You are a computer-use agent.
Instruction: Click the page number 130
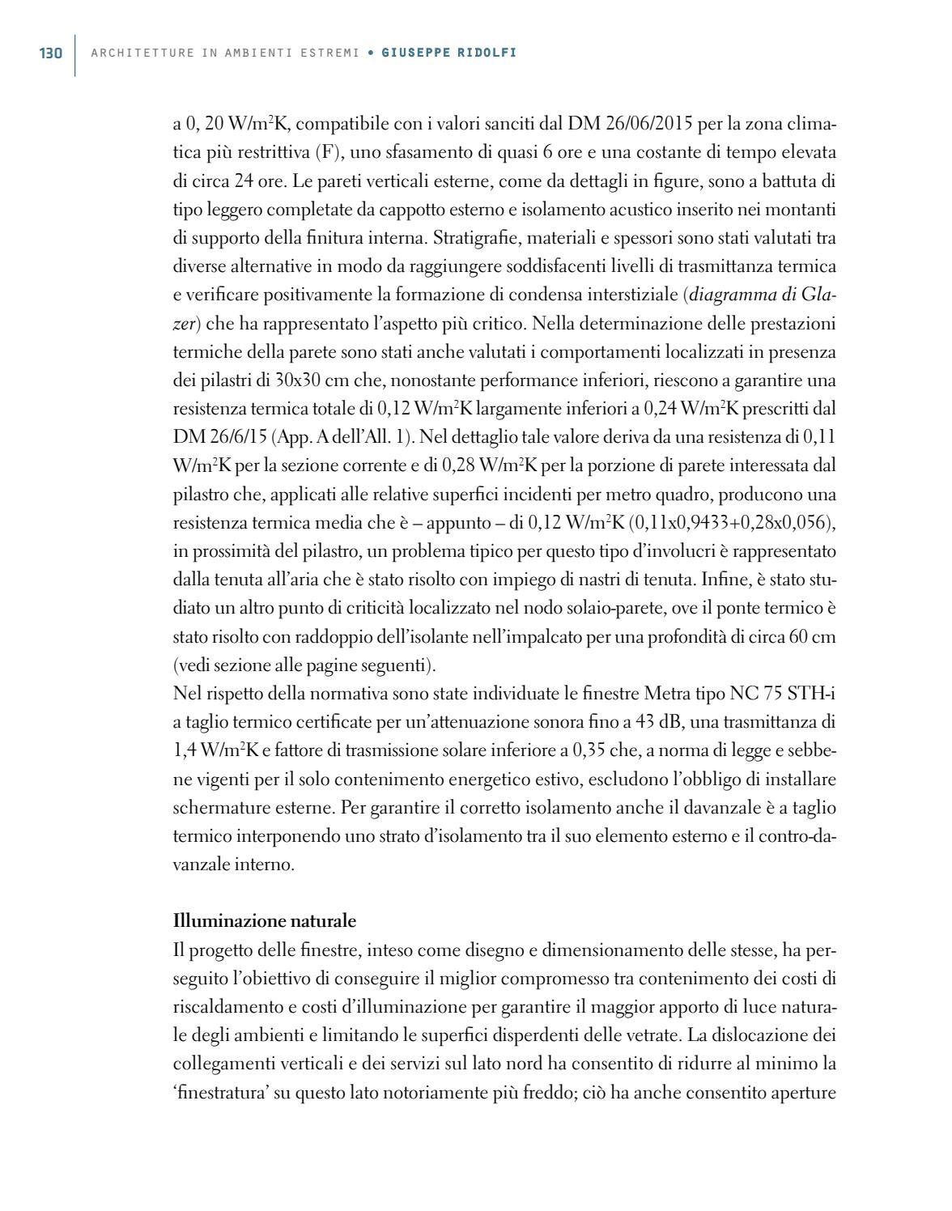click(x=50, y=53)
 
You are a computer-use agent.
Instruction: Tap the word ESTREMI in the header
click(x=329, y=53)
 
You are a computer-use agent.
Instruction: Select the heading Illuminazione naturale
click(x=265, y=921)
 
